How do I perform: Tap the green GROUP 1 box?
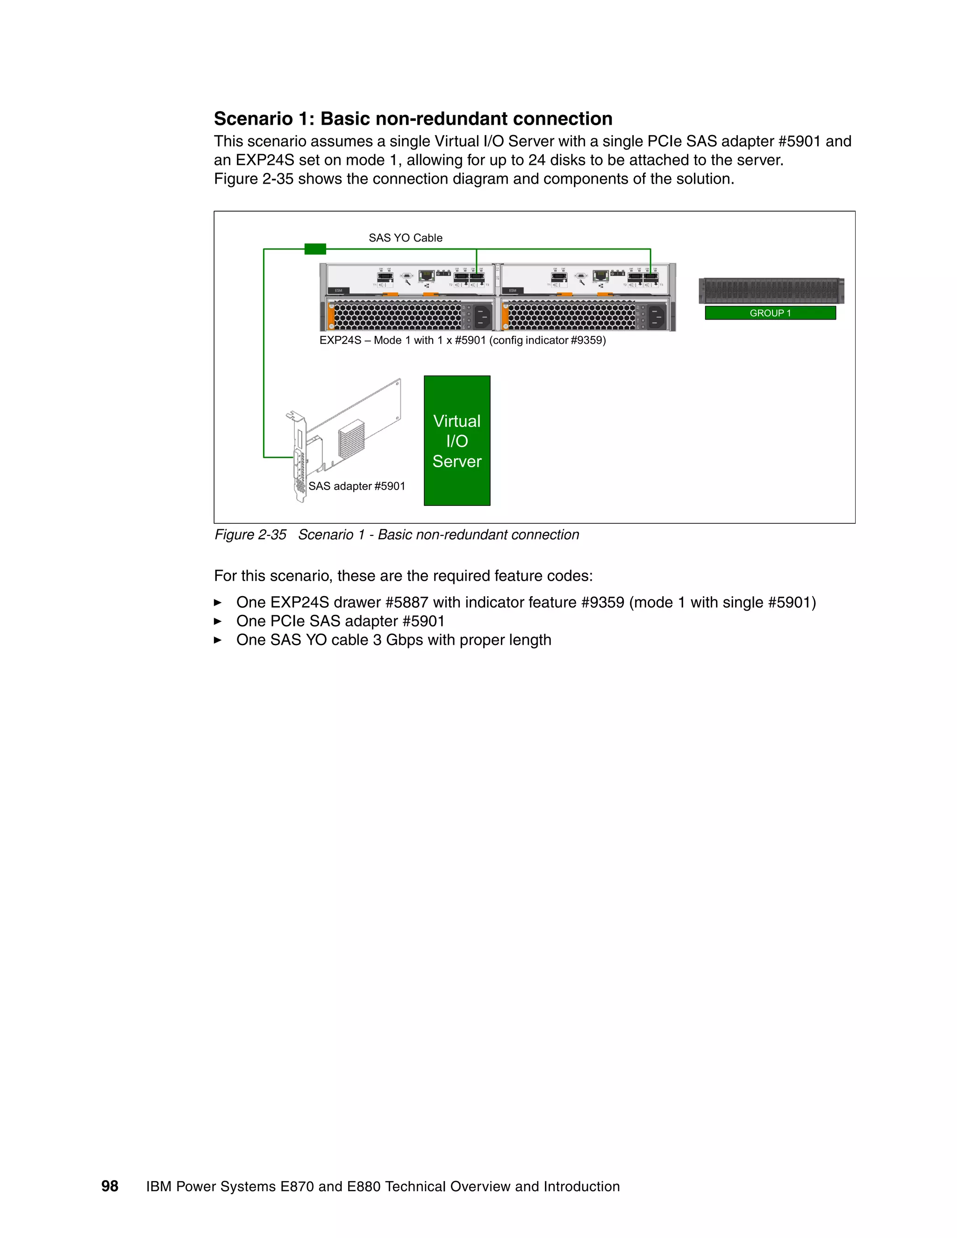pyautogui.click(x=770, y=313)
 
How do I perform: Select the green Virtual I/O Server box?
pyautogui.click(x=457, y=441)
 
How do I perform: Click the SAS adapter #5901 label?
pyautogui.click(x=357, y=486)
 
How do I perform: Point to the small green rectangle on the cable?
pyautogui.click(x=315, y=249)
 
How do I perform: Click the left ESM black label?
pyautogui.click(x=338, y=291)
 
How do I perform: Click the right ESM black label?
pyautogui.click(x=513, y=291)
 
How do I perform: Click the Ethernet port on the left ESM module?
pyautogui.click(x=426, y=276)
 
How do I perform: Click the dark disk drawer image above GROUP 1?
pyautogui.click(x=771, y=291)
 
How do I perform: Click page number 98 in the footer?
pyautogui.click(x=109, y=1187)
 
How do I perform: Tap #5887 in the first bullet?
pyautogui.click(x=407, y=603)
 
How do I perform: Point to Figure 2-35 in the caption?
pyautogui.click(x=250, y=535)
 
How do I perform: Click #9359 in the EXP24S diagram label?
pyautogui.click(x=586, y=341)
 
